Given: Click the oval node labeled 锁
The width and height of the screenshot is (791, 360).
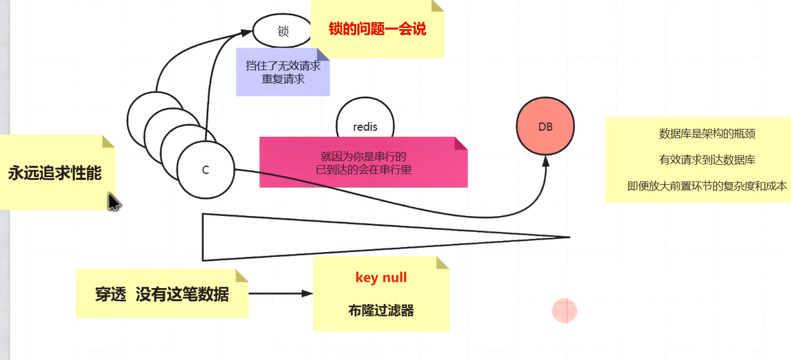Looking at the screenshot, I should pyautogui.click(x=282, y=31).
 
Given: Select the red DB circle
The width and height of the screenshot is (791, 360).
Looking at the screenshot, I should pyautogui.click(x=545, y=127).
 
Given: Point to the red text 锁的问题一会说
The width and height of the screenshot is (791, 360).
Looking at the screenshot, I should pyautogui.click(x=378, y=29).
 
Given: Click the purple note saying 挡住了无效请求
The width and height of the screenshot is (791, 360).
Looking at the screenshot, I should pyautogui.click(x=283, y=72).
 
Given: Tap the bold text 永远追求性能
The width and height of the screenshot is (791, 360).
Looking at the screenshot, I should pyautogui.click(x=55, y=173).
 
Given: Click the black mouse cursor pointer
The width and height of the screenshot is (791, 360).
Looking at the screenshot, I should pyautogui.click(x=113, y=202).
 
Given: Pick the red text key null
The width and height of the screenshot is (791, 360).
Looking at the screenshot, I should pyautogui.click(x=381, y=278).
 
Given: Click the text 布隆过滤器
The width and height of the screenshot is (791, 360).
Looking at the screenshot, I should pyautogui.click(x=381, y=311).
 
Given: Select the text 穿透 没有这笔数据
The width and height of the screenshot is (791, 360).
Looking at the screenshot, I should pyautogui.click(x=162, y=294).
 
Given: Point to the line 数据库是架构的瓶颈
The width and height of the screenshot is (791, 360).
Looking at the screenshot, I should pyautogui.click(x=698, y=134).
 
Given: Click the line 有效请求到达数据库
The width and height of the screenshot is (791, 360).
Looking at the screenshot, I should pyautogui.click(x=698, y=160).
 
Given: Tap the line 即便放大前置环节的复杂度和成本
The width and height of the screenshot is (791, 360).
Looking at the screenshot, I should pyautogui.click(x=698, y=186).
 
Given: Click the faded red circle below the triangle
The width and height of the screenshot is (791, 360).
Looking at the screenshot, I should pyautogui.click(x=565, y=312).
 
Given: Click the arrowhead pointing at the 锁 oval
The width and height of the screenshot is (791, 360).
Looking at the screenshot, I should pyautogui.click(x=246, y=32).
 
